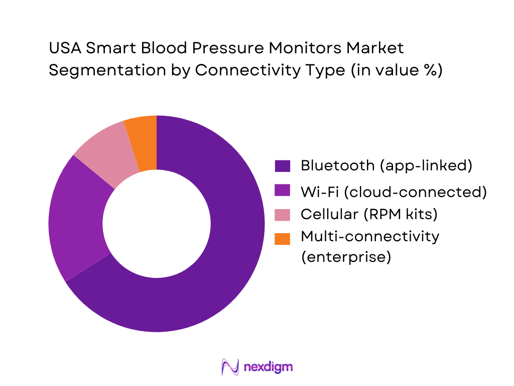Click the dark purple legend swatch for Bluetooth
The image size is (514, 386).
[283, 166]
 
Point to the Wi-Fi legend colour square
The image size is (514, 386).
[283, 191]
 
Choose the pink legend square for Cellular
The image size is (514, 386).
[283, 215]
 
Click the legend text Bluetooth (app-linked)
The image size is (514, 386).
[386, 166]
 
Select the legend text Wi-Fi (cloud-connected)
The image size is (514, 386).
[394, 191]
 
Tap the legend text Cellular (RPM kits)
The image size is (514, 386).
[369, 215]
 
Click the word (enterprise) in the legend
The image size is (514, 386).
[345, 256]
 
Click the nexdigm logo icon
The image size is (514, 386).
[229, 367]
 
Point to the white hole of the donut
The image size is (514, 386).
[157, 224]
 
